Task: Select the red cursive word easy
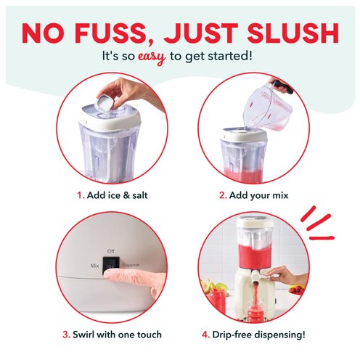152,57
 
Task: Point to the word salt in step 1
139,195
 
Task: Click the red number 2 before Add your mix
223,195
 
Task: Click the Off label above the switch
110,251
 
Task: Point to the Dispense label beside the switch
131,266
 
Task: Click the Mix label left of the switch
94,266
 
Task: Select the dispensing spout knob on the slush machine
255,276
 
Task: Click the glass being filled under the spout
255,311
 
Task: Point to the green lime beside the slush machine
222,287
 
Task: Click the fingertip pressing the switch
110,274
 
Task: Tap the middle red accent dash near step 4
319,222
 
